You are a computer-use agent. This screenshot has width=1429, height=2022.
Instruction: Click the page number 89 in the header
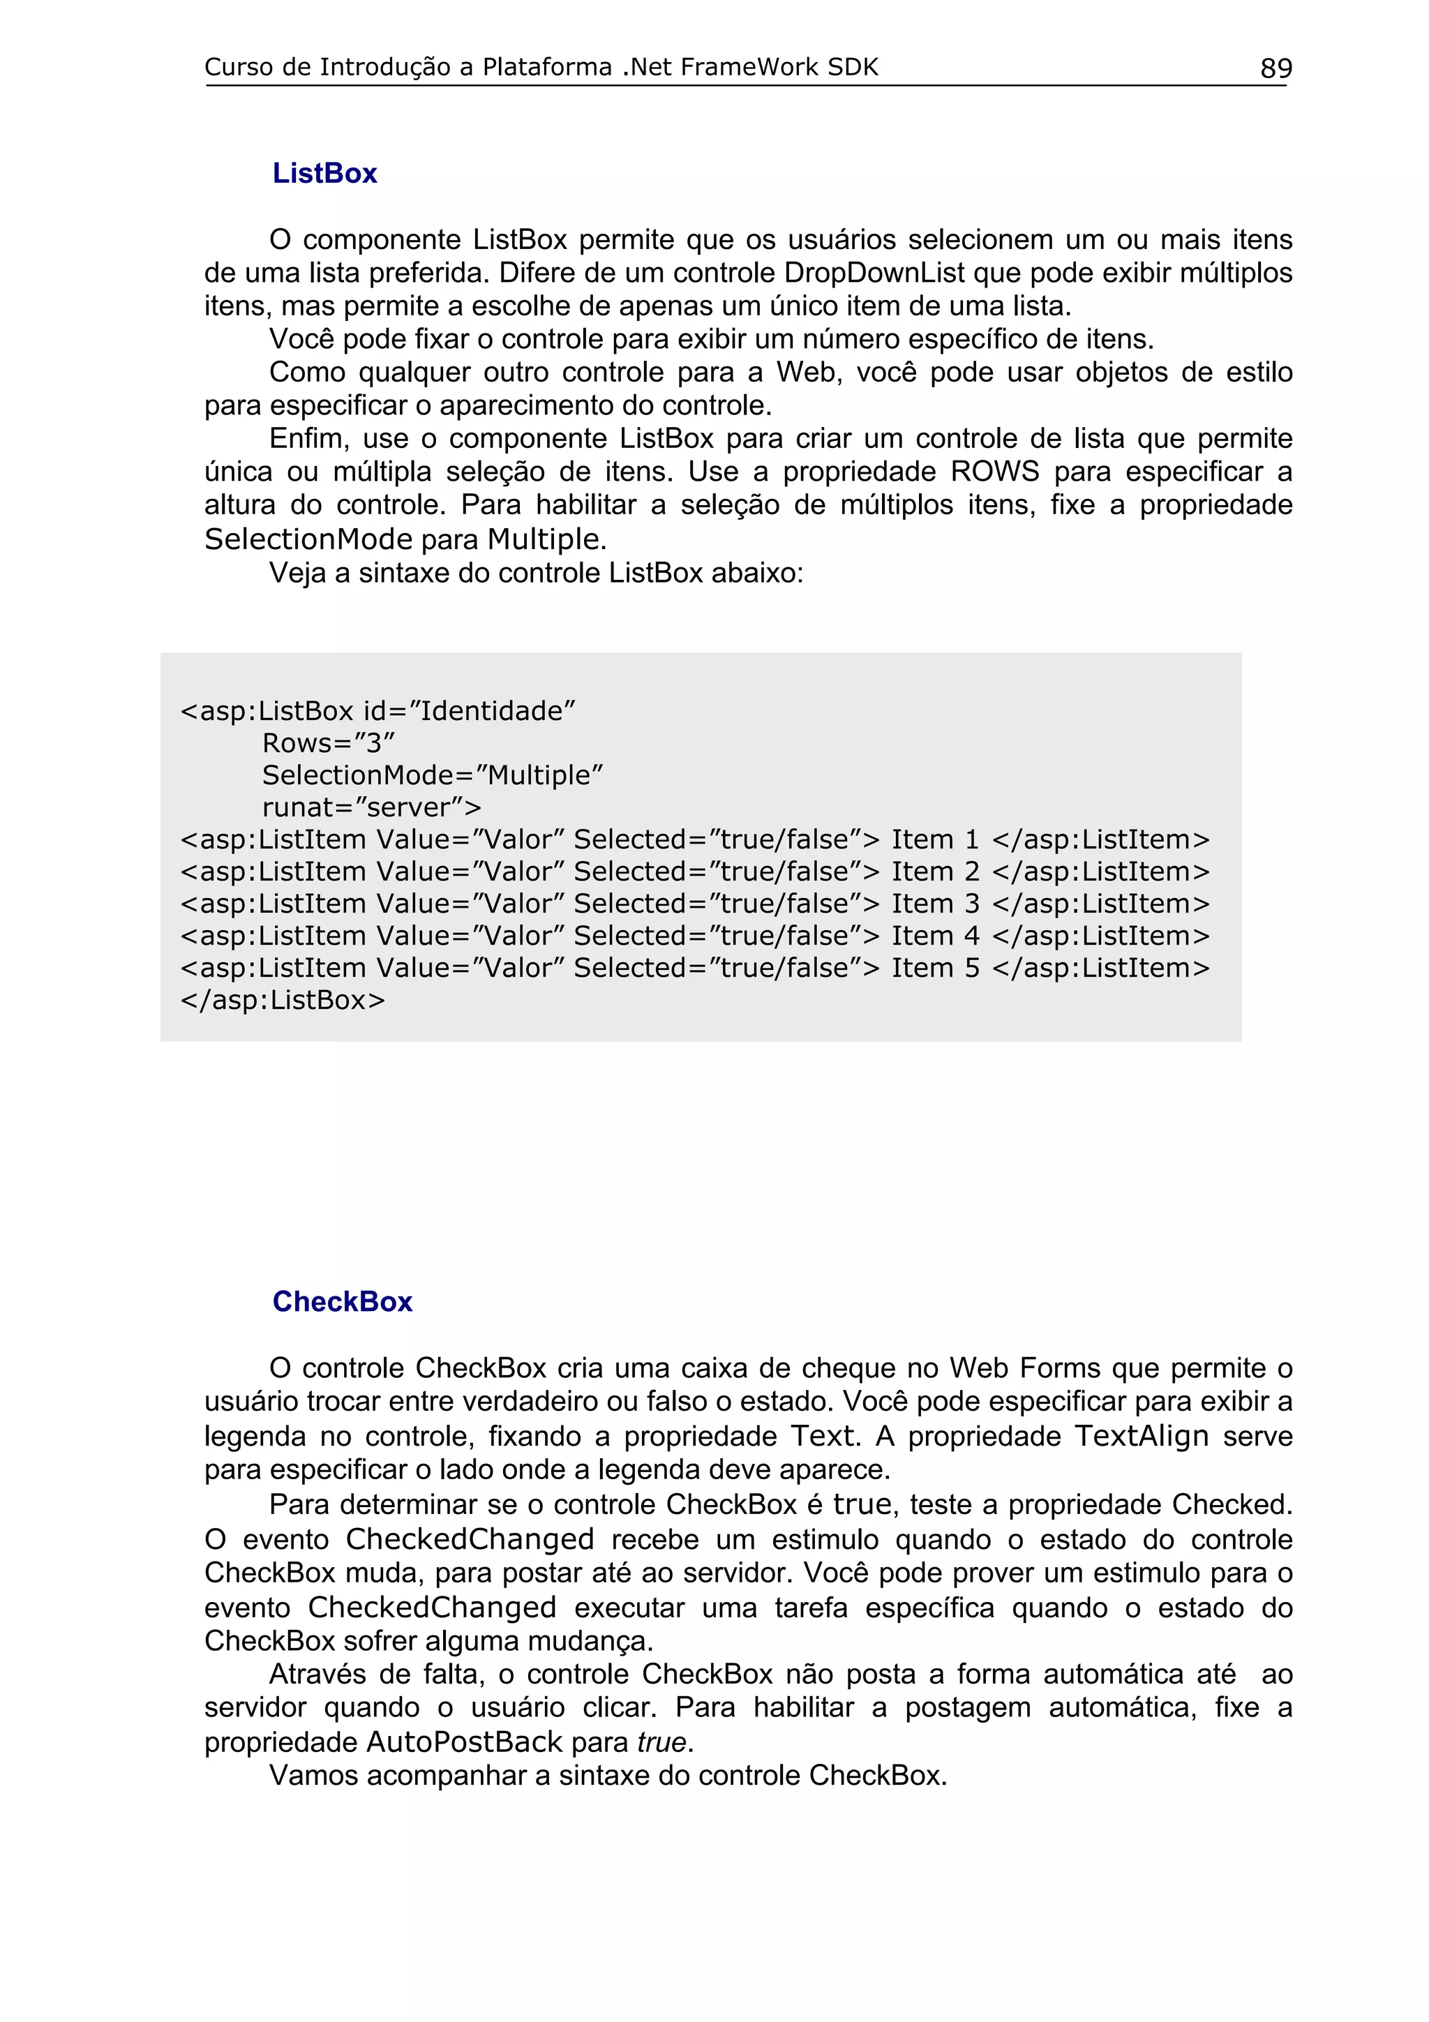1275,68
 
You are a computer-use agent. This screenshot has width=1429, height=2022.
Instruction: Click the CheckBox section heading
342,1302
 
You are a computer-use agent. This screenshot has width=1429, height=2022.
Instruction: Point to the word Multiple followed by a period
546,539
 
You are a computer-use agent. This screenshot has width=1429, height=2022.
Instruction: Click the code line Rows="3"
329,743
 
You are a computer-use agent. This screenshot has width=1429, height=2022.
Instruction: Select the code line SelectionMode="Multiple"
433,776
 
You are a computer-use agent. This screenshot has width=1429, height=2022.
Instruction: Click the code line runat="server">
372,807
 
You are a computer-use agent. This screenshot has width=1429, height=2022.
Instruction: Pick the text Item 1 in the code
934,840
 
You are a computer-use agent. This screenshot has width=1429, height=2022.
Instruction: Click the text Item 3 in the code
934,904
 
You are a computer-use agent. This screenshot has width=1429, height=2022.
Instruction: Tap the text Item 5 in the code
934,968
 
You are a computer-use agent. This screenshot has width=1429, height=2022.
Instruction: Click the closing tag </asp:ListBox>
283,1001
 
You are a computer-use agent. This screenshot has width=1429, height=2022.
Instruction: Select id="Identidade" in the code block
468,712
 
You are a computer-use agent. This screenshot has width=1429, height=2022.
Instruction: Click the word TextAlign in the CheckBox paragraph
1141,1437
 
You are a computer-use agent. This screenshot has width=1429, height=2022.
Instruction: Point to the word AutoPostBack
464,1743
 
